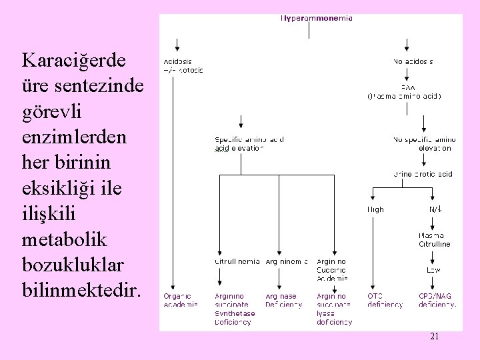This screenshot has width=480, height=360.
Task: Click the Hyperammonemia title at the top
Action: click(x=316, y=19)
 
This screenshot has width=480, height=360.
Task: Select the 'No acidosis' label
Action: click(x=413, y=61)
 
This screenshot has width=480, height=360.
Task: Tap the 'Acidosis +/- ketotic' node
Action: click(x=183, y=65)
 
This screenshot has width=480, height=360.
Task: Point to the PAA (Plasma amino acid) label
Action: click(x=404, y=92)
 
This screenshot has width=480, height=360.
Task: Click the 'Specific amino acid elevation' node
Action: click(x=249, y=144)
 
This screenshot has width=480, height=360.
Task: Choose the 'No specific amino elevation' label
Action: click(x=422, y=144)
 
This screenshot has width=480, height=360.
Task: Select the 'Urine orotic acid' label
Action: click(x=423, y=175)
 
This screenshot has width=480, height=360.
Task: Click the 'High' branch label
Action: click(x=375, y=209)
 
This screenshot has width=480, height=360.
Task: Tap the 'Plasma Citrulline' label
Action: click(x=434, y=240)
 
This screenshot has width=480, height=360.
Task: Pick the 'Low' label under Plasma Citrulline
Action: click(x=433, y=270)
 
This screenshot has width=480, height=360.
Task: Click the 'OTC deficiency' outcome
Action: click(x=385, y=301)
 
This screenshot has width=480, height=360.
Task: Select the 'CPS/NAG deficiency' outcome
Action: click(x=437, y=301)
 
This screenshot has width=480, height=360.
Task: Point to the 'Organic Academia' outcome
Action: click(x=181, y=301)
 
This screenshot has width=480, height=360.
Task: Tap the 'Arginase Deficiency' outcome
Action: click(x=284, y=301)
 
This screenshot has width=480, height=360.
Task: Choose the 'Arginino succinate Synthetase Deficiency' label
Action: click(x=234, y=309)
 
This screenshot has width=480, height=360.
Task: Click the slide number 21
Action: click(x=434, y=337)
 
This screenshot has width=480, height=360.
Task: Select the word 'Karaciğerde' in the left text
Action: click(x=73, y=61)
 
